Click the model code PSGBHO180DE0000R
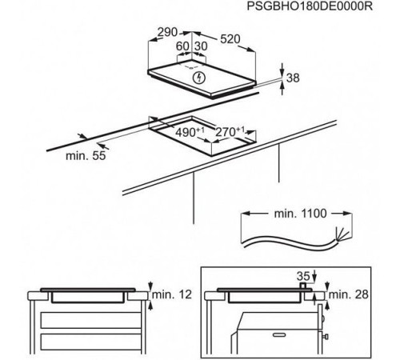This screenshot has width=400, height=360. [x=310, y=6]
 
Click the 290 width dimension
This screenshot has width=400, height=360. [x=167, y=32]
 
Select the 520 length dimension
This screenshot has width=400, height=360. [x=230, y=39]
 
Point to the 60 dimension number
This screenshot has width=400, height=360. [x=182, y=46]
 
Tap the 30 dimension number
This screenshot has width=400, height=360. [x=201, y=46]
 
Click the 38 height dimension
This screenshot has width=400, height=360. [x=293, y=78]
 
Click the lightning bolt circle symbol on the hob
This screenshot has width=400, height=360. [x=198, y=78]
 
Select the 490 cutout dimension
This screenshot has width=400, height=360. [x=190, y=132]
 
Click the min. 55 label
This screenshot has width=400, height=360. [x=86, y=156]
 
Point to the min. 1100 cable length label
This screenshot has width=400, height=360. [x=300, y=214]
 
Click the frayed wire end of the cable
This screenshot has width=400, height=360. [x=342, y=234]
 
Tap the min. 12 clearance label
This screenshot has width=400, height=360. [x=172, y=294]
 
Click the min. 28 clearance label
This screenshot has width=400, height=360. [x=348, y=294]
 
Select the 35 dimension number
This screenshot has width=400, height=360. [x=303, y=276]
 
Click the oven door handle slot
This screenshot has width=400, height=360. [x=279, y=334]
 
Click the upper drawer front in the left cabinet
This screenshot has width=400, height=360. [x=90, y=321]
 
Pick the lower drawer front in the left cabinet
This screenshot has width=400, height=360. [x=90, y=342]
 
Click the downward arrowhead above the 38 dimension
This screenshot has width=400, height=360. [x=282, y=71]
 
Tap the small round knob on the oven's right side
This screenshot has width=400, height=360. [x=323, y=318]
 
